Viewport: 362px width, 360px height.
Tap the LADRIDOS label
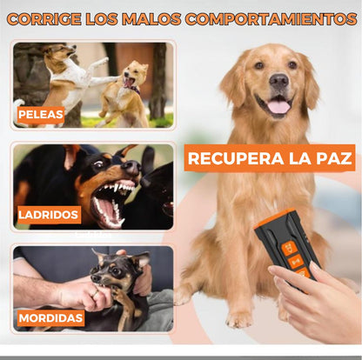pos(50,213)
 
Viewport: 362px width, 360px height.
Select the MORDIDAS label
pos(50,317)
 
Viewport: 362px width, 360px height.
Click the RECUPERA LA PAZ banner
pos(270,158)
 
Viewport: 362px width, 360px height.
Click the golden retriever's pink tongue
pos(279,107)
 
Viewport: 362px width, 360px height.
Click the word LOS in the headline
pos(108,18)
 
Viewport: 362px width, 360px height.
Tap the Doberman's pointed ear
pos(125,157)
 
